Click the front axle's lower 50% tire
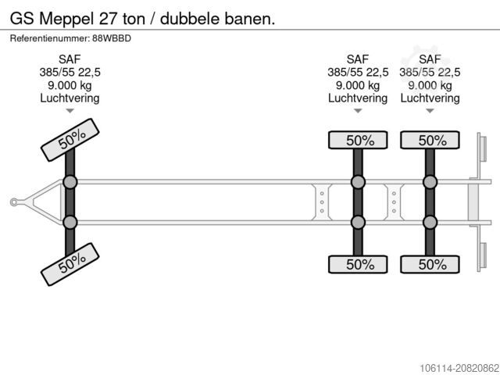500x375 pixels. (70, 265)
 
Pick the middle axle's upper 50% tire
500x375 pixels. (358, 141)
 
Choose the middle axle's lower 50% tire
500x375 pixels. (358, 264)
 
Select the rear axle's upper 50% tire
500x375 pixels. (430, 141)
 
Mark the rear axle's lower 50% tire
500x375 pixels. (430, 264)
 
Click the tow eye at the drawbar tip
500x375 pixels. (14, 202)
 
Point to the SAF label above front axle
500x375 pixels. (70, 59)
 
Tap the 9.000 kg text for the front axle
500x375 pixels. (70, 85)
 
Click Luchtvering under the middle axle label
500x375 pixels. (358, 98)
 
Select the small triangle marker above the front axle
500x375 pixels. (70, 111)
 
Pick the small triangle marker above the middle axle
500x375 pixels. (358, 111)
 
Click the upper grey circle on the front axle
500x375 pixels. (70, 183)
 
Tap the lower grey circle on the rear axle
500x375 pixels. (430, 223)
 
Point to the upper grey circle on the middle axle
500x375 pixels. (358, 183)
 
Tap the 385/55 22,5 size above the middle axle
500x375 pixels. (358, 73)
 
